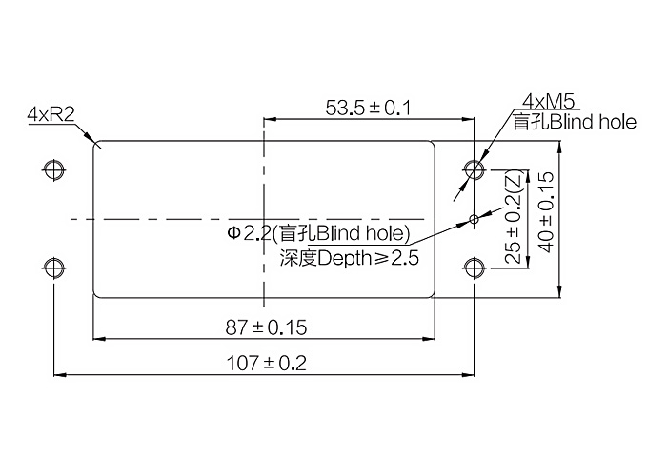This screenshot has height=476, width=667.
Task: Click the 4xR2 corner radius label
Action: (x=51, y=114)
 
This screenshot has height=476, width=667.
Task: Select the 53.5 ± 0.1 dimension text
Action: (x=369, y=108)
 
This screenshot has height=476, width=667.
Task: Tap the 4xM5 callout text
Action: (x=549, y=102)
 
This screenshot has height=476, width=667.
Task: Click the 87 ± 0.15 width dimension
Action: (x=266, y=327)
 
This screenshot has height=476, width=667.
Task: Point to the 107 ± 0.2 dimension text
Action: (x=266, y=364)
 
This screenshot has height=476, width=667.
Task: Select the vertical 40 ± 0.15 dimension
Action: (x=547, y=211)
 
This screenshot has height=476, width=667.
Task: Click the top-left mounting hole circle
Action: (x=54, y=170)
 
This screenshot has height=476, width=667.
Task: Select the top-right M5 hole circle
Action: (x=475, y=170)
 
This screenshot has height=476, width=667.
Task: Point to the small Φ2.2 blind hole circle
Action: (x=474, y=219)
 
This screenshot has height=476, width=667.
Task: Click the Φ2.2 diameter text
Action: (x=249, y=233)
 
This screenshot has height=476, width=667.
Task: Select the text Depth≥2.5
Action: (x=369, y=258)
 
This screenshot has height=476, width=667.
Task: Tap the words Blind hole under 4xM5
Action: (x=594, y=122)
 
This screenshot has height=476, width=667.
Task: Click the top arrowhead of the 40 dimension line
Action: (x=560, y=147)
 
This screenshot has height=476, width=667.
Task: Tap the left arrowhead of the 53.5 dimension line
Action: (x=270, y=119)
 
